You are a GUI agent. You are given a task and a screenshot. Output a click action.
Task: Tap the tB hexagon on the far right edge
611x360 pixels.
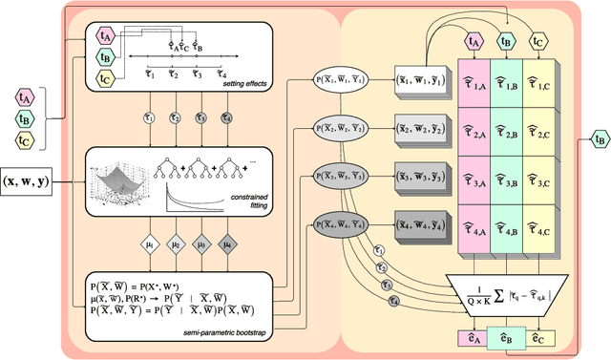tap(599, 140)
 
